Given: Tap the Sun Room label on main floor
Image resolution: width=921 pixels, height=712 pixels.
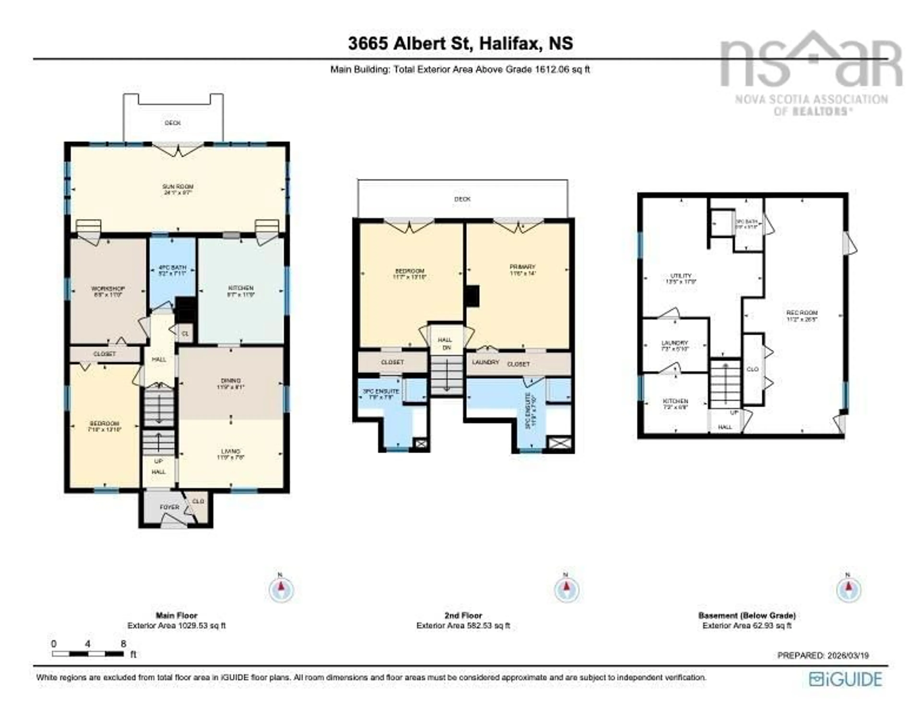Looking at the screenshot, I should coord(178,189).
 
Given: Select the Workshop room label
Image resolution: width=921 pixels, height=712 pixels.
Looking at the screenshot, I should coord(108,292).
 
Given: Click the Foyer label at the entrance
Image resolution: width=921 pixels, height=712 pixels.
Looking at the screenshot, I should coord(170,507).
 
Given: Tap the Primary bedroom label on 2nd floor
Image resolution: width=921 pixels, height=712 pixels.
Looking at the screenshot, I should coord(522,270).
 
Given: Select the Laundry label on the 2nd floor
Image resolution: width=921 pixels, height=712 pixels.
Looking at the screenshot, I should coord(485,362).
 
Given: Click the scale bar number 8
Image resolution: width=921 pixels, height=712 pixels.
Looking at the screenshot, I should coord(123,644).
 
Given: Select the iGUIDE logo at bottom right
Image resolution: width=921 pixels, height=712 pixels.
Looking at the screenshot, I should coord(845,679).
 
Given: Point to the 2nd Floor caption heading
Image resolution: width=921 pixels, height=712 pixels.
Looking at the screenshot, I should coord(463,615).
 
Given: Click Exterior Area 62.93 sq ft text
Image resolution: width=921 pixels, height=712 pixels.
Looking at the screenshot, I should coord(746,626).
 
